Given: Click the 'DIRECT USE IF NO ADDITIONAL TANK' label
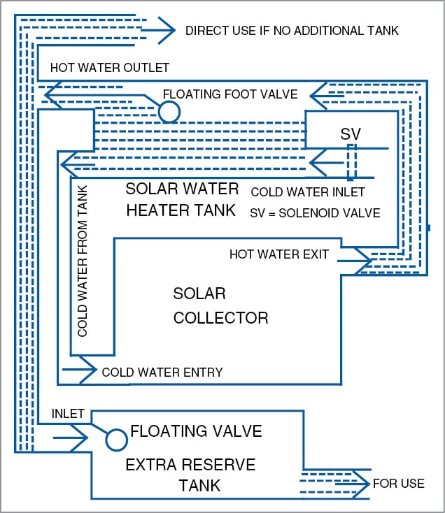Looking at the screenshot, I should [292, 31].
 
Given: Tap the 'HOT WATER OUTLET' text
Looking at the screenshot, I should [109, 68].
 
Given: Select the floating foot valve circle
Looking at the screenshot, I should [169, 111].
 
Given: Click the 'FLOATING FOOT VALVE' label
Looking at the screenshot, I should [230, 94].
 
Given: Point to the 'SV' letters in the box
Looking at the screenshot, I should [350, 133].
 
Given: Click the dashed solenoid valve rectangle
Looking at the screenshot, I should [351, 162].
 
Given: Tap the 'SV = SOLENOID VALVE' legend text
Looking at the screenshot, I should [315, 212].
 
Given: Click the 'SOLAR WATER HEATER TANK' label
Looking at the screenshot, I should [182, 200].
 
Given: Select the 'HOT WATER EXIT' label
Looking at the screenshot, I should [278, 254].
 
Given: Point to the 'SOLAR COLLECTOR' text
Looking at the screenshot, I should [220, 305].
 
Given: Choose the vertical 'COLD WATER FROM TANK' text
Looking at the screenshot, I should [83, 262].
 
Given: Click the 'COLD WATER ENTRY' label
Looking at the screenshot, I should [162, 373].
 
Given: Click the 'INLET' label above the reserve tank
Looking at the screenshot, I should [68, 414].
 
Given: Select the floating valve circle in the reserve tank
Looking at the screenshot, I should [117, 439].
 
